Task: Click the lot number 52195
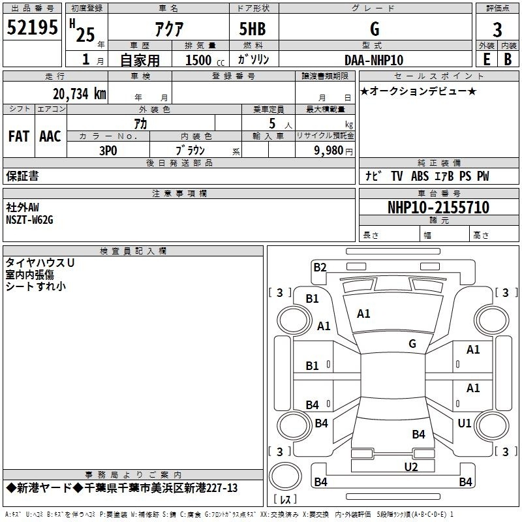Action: tap(32, 27)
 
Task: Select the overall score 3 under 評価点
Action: tap(497, 29)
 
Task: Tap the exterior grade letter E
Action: tap(486, 59)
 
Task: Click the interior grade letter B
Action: tap(508, 59)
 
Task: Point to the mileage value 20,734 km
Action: tap(79, 94)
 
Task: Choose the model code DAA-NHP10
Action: tap(374, 60)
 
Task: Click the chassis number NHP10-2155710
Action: tap(438, 207)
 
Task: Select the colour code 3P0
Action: tap(108, 151)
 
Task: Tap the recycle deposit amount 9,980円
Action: tap(333, 151)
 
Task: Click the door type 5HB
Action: tap(253, 29)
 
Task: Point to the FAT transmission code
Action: tap(19, 136)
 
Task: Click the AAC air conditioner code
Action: tap(50, 136)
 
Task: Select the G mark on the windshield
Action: tap(412, 343)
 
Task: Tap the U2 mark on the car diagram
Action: tap(411, 467)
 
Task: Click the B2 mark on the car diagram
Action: tap(320, 268)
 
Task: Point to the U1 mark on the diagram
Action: tap(465, 423)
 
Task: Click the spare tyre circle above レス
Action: tap(285, 476)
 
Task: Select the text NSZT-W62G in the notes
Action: tap(29, 220)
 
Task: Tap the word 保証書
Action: tap(22, 176)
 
